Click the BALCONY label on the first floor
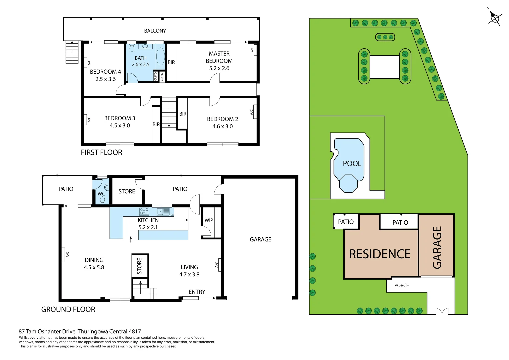coord(155,31)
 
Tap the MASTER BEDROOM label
coord(219,57)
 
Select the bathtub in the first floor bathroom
coord(160,56)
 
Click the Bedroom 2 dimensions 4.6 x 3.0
coord(222,126)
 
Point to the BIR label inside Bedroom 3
coord(156,124)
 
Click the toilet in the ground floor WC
coord(102,200)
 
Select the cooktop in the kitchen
coord(144,211)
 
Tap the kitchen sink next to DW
coord(163,211)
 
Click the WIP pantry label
coord(209,220)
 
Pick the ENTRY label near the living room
coord(197,292)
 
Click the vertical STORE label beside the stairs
coord(139,266)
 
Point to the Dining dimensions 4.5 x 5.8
coord(94,267)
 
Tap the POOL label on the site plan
coord(352,164)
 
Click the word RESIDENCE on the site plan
coord(380,254)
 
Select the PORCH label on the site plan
coord(402,285)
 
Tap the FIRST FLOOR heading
coord(101,152)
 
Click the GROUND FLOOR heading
coord(68,309)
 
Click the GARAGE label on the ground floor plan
coord(260,239)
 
